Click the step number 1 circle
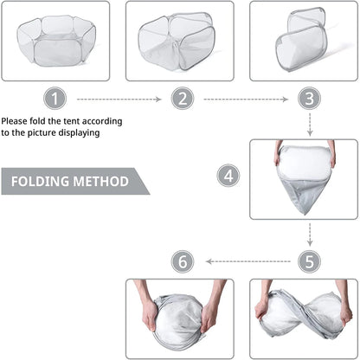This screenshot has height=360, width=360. pos(55,99)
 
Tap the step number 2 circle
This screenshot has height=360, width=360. pos(183,99)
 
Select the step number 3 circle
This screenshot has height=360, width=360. pos(310,99)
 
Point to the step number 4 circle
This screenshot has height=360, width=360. pos(228,176)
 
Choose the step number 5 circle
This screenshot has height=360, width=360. pos(310,261)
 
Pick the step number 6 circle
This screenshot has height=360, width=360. pos(183,261)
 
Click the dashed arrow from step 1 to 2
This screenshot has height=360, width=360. pos(119,100)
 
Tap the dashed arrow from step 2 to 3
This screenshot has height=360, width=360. pos(246,100)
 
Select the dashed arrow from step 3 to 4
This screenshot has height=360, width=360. pos(310,125)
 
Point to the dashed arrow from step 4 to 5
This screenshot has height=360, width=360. pos(310,235)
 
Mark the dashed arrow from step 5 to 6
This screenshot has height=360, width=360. pos(248,261)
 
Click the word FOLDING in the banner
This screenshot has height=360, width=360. pos(40,182)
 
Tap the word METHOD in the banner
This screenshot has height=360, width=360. pos(100,182)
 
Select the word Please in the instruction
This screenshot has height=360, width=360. pos(15,121)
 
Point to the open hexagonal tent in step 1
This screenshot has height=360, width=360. pos(56,41)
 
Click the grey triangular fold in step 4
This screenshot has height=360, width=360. pos(304,193)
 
